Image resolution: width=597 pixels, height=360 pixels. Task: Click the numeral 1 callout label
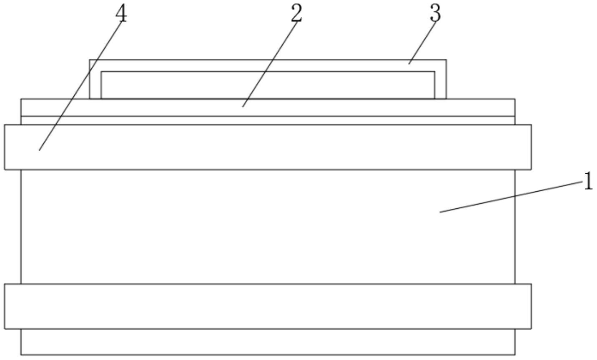point(588,182)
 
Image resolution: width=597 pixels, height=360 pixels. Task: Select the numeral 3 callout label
point(435,13)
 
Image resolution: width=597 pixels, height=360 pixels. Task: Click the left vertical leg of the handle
point(95,83)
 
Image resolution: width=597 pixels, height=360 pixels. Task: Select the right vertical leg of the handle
point(440,83)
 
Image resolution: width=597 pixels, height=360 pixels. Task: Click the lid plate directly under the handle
point(167,107)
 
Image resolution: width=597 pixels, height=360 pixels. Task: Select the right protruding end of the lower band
point(523,306)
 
